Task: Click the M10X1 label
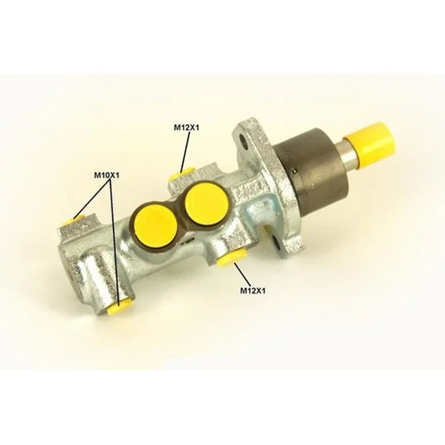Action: [x=107, y=176]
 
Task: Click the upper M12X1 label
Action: [x=187, y=127]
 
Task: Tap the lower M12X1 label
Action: [x=253, y=290]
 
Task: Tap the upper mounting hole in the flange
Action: [x=244, y=140]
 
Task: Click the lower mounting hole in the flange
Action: [x=276, y=242]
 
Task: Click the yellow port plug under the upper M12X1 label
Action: [x=180, y=175]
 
